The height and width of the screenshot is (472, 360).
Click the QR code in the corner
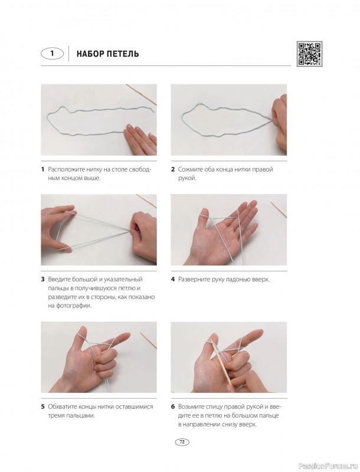(x=309, y=54)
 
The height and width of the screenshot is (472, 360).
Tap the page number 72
(x=182, y=442)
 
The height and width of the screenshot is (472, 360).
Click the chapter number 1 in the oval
(x=53, y=54)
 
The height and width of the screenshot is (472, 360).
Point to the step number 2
(x=173, y=169)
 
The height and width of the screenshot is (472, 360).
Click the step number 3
(x=42, y=279)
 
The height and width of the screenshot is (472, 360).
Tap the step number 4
(x=173, y=279)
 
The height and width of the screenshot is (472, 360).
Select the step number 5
(x=42, y=407)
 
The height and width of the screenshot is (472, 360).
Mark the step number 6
(x=173, y=407)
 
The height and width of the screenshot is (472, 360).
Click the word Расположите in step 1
(x=66, y=169)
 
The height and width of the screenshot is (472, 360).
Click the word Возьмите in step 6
(x=191, y=407)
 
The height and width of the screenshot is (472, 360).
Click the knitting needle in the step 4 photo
(x=279, y=209)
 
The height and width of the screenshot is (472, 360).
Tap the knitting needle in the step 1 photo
(x=142, y=94)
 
